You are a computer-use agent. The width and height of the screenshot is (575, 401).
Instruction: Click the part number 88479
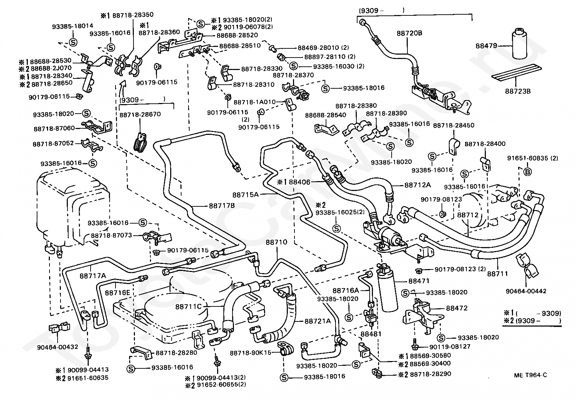(486, 46)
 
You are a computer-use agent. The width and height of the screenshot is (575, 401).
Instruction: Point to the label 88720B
(409, 33)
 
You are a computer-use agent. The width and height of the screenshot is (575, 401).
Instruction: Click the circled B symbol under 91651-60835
(527, 172)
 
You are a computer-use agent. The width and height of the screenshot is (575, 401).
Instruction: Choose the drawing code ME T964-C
(530, 375)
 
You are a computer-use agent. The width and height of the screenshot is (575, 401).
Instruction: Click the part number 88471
(419, 281)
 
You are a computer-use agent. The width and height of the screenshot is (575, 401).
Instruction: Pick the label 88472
(457, 308)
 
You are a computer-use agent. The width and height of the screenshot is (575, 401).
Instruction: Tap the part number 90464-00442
(526, 291)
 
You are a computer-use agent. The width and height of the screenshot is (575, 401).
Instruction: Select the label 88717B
(222, 206)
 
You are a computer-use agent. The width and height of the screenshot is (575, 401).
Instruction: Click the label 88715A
(246, 195)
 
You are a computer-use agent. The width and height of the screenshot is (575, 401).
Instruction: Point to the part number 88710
(276, 242)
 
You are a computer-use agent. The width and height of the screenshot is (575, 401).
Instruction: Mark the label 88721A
(318, 321)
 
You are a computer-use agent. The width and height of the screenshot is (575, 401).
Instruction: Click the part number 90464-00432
(58, 347)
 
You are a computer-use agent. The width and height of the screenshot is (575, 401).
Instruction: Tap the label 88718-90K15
(250, 353)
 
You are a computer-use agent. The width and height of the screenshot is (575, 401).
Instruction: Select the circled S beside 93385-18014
(73, 42)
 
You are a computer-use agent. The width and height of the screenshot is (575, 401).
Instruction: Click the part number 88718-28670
(140, 114)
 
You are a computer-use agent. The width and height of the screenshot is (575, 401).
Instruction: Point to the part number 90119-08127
(450, 347)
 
